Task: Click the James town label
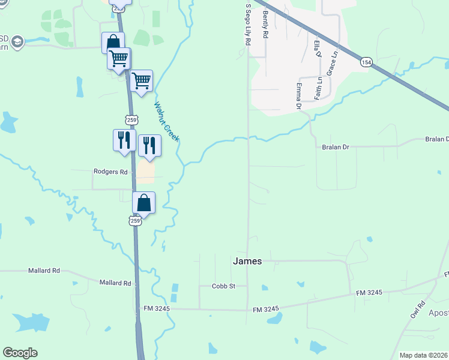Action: point(247,261)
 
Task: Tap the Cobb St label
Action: point(223,286)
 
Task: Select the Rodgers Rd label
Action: point(111,172)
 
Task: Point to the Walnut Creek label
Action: point(166,122)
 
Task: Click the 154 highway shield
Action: point(366,62)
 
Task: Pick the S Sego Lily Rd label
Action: point(247,25)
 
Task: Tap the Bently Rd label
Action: point(264,25)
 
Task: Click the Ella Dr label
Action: point(318,46)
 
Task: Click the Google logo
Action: point(20,353)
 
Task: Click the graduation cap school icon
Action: point(17,42)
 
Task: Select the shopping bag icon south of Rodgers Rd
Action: point(144,203)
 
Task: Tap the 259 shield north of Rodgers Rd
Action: point(133,119)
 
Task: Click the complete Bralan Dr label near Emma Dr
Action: point(336,147)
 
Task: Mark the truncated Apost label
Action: point(438,313)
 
